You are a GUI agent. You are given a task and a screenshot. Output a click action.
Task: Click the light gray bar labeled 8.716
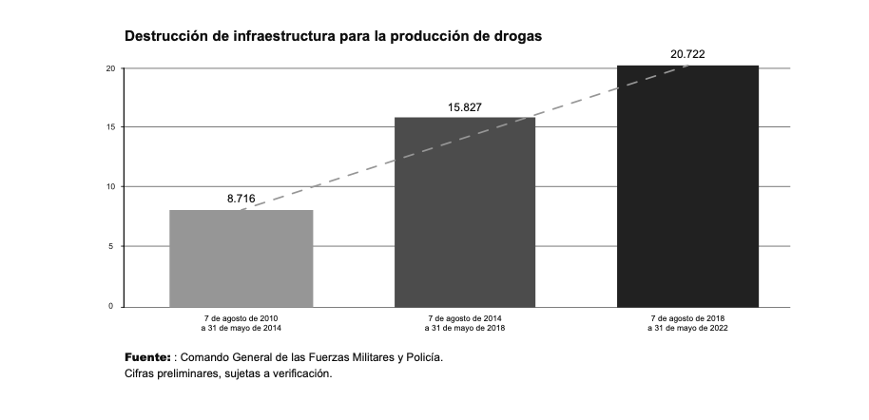point(241,258)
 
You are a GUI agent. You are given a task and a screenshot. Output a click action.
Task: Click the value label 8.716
point(241,199)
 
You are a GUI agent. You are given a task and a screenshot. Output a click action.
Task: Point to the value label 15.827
point(465,106)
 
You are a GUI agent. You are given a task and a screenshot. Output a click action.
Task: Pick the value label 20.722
point(687,54)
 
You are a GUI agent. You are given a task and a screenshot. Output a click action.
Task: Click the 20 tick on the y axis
point(111,68)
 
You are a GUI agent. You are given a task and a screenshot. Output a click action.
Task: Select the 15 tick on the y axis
point(111,127)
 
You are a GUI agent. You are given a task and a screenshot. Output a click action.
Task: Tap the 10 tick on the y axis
point(111,187)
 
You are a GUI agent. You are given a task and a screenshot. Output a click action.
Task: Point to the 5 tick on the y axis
point(113,247)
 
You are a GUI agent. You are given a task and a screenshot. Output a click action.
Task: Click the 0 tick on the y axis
point(113,306)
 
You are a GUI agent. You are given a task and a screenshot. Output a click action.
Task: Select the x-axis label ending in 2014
point(241,322)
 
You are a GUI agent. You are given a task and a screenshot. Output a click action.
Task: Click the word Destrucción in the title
point(166,35)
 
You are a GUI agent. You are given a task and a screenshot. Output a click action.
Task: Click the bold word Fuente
point(146,357)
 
